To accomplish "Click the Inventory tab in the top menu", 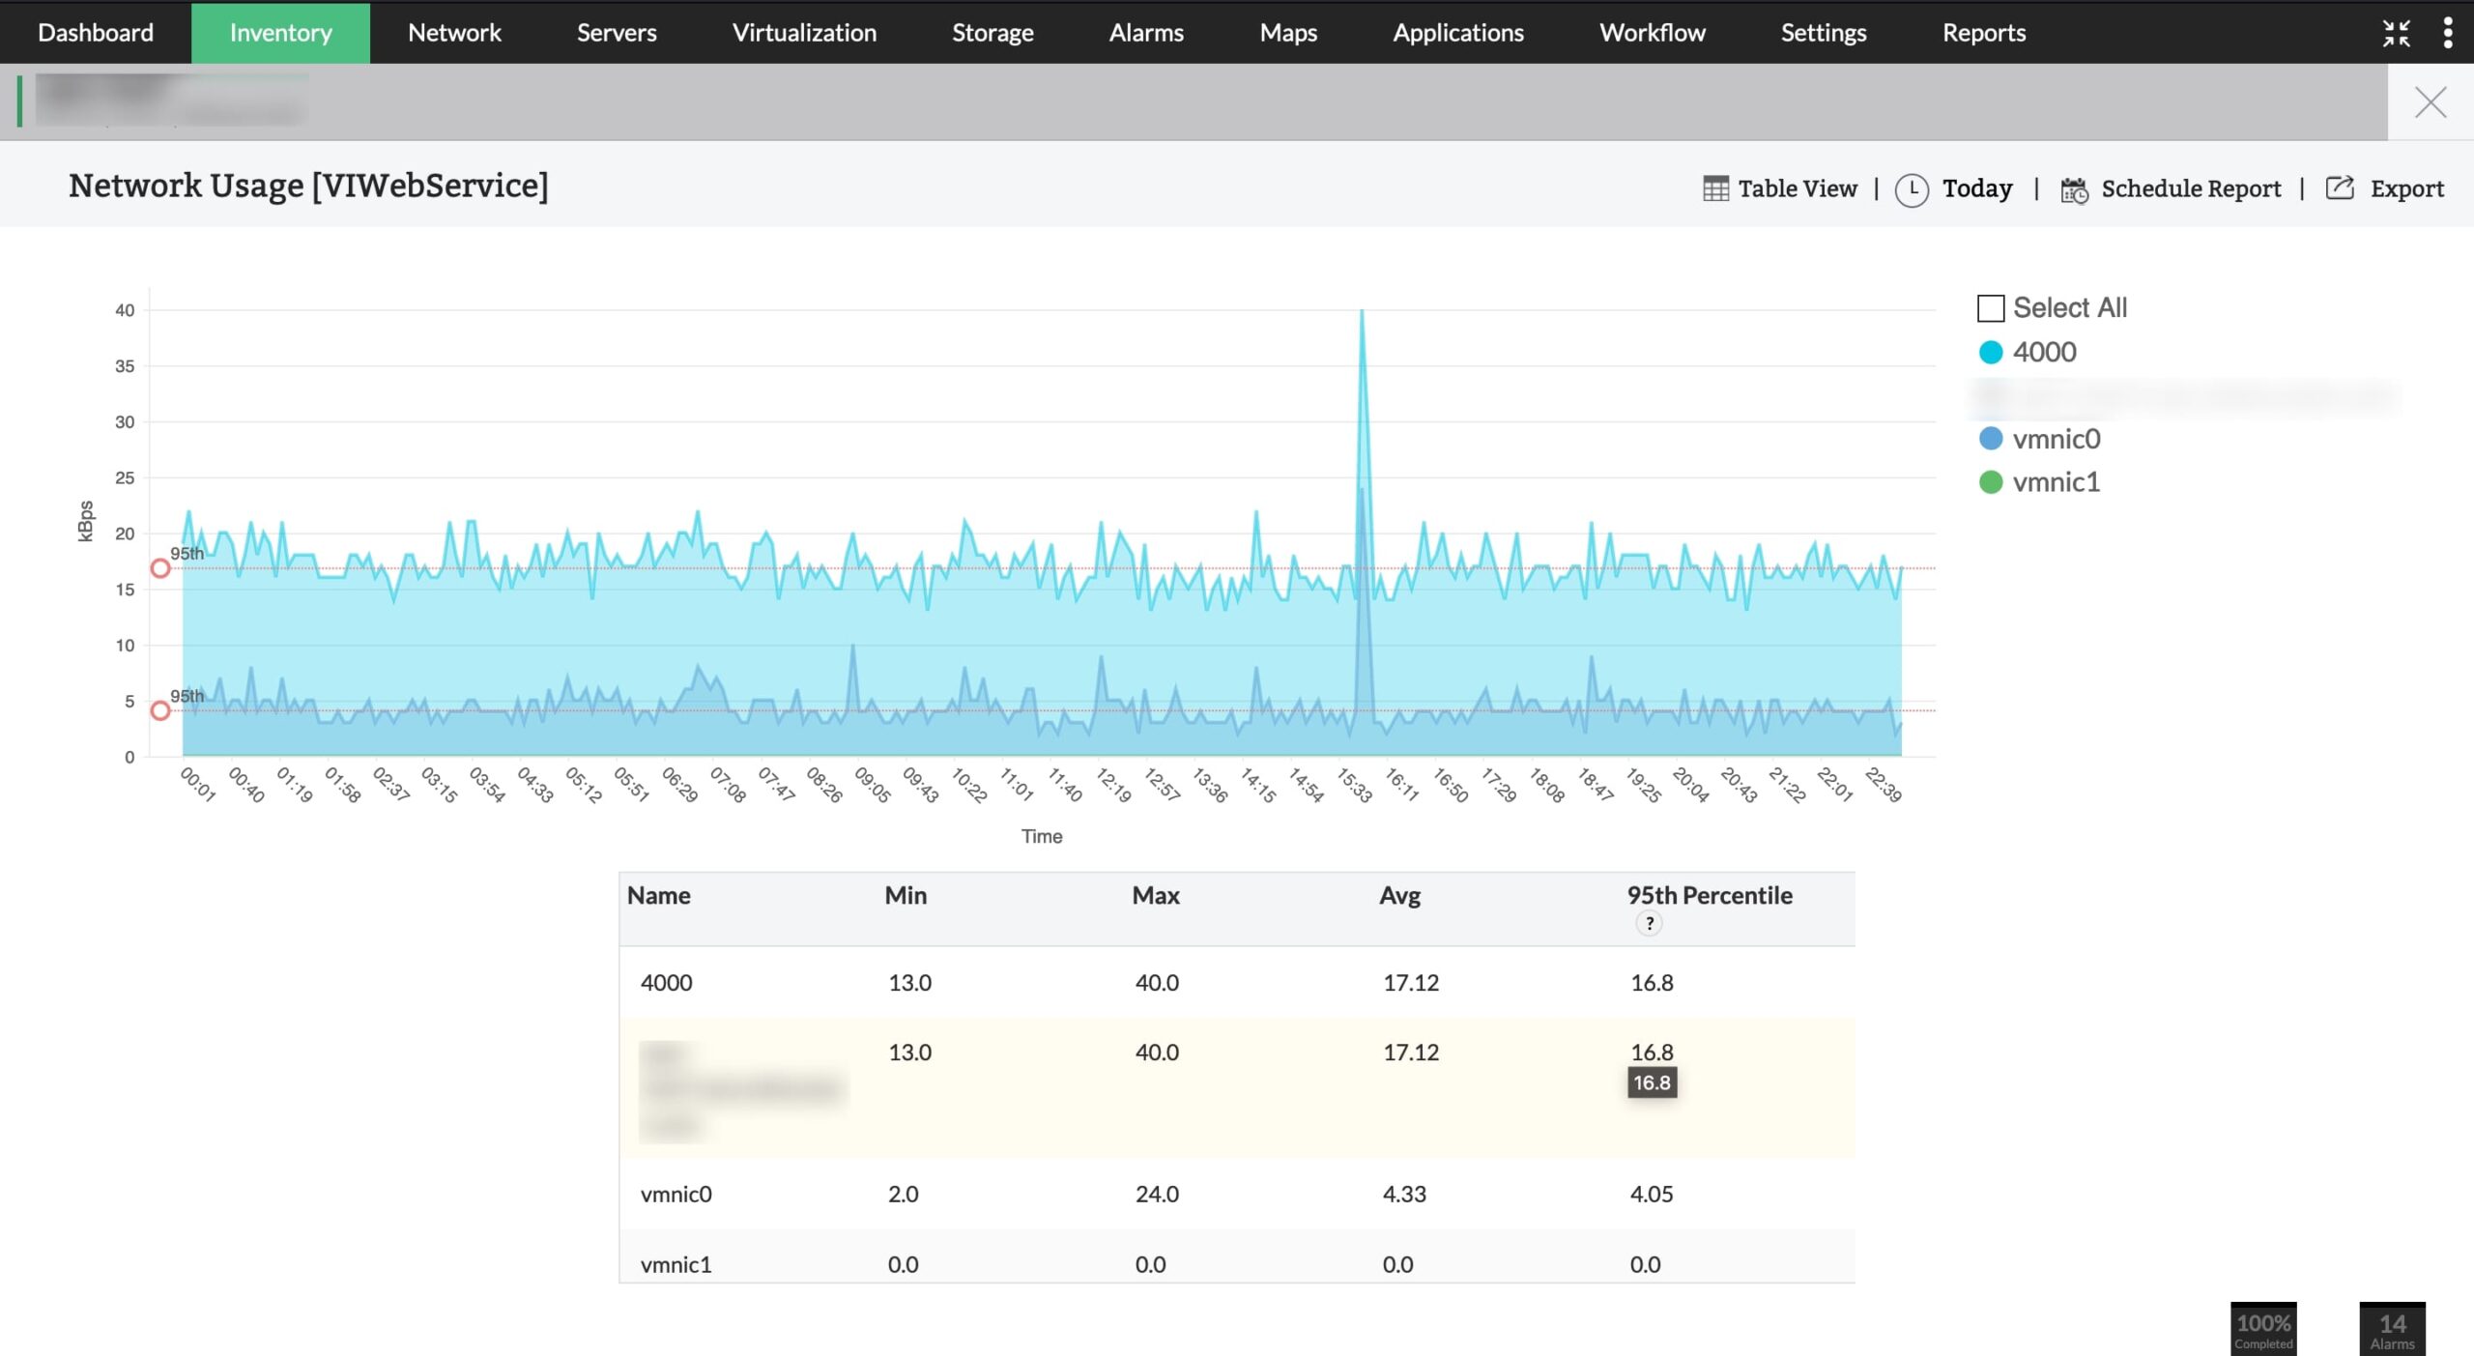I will pyautogui.click(x=280, y=33).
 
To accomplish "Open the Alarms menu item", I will pyautogui.click(x=1146, y=33).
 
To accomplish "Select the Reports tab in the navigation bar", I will pyautogui.click(x=1983, y=33).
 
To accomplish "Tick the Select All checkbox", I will pyautogui.click(x=1991, y=308).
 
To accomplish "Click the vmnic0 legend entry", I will pyautogui.click(x=2056, y=439).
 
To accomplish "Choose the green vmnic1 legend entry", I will pyautogui.click(x=2056, y=482).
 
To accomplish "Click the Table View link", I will pyautogui.click(x=1780, y=188).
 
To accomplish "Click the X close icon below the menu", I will pyautogui.click(x=2430, y=102).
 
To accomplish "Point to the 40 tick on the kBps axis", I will pyautogui.click(x=125, y=310).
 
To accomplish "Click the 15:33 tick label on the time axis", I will pyautogui.click(x=1355, y=785).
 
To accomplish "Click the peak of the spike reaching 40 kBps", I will pyautogui.click(x=1362, y=311).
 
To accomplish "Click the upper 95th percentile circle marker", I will pyautogui.click(x=160, y=568).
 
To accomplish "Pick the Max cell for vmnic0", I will pyautogui.click(x=1157, y=1194).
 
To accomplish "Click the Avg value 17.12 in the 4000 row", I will pyautogui.click(x=1411, y=982).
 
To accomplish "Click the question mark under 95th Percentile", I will pyautogui.click(x=1649, y=923).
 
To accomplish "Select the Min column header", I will pyautogui.click(x=906, y=895).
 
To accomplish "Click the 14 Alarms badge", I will pyautogui.click(x=2392, y=1329).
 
